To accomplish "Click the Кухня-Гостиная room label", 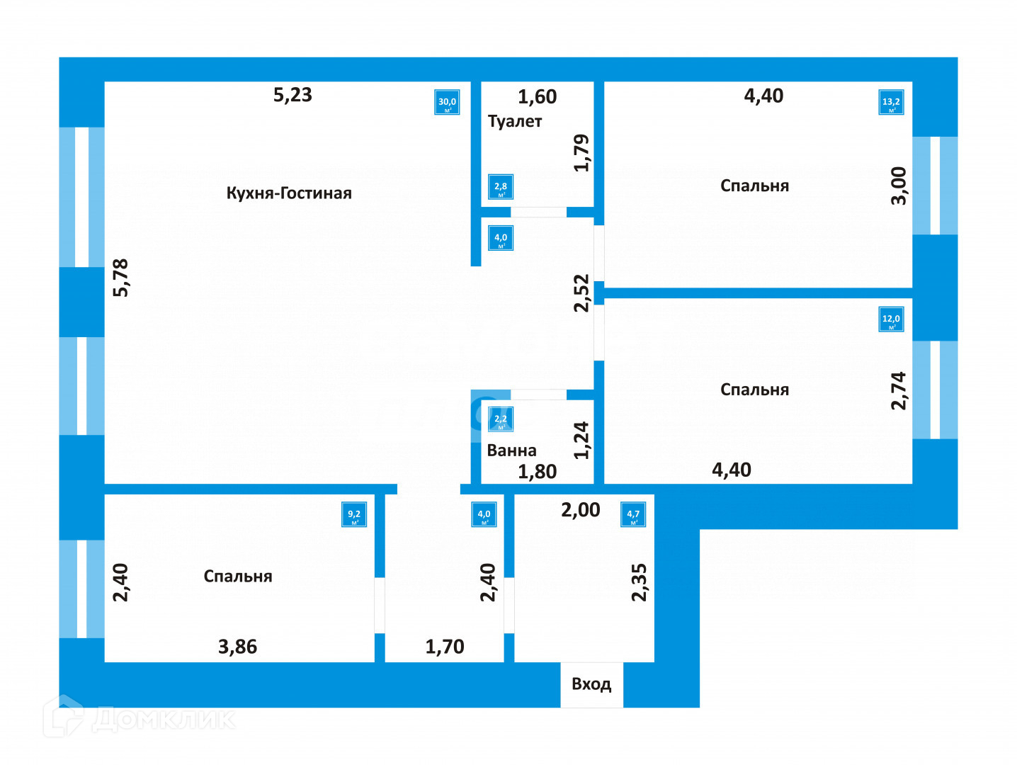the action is tap(289, 193).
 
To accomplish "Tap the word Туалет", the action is tap(515, 121).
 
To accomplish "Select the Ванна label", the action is tap(511, 450).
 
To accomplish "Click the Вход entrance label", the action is tap(591, 684).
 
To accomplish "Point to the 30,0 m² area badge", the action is tap(447, 103).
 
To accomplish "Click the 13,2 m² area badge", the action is tap(891, 103).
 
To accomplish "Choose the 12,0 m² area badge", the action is tap(891, 319).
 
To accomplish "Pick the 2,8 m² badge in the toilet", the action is tap(501, 188).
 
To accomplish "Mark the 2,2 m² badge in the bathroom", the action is tap(501, 420).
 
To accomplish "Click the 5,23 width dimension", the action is tap(292, 95).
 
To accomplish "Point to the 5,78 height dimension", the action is tap(121, 278).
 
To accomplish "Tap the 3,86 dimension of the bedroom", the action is tap(237, 647).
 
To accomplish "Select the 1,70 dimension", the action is tap(445, 647).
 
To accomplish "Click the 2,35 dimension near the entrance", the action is tap(639, 582).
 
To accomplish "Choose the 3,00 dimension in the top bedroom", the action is tap(899, 186).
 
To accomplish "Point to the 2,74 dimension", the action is tap(899, 390).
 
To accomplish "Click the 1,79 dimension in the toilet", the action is tap(581, 152).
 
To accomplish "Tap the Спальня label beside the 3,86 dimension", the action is tap(238, 577).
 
